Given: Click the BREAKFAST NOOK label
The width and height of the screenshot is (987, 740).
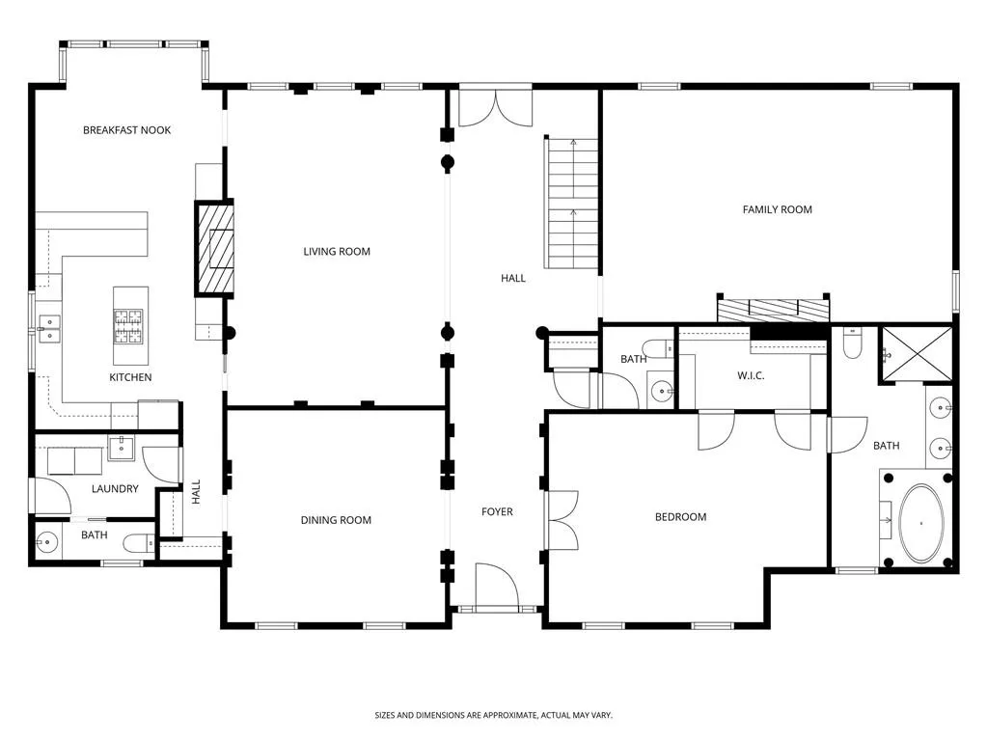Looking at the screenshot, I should click(126, 130).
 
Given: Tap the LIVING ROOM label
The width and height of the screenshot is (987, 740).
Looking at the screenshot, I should click(337, 252).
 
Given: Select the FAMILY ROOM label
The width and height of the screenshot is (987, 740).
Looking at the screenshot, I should click(777, 209).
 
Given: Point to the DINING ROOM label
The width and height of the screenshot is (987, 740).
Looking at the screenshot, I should click(336, 521).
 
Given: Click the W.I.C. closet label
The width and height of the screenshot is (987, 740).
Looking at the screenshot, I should click(751, 376).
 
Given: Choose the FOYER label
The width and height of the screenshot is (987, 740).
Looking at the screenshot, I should click(497, 511).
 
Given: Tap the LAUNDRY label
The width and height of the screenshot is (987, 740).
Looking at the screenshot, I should click(115, 489).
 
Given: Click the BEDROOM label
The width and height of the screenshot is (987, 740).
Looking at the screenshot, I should click(680, 517).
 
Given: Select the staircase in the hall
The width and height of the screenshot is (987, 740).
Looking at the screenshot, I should click(572, 204).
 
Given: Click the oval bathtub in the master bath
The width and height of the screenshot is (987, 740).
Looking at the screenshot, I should click(921, 523).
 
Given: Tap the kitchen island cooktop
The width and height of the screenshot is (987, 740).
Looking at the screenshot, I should click(128, 326).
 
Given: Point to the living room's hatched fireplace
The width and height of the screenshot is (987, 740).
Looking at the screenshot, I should click(214, 249).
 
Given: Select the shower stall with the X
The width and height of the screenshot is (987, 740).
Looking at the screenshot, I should click(915, 354).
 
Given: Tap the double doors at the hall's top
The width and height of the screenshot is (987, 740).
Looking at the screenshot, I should click(495, 108).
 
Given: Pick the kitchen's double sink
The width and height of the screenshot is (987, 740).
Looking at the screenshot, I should click(46, 329).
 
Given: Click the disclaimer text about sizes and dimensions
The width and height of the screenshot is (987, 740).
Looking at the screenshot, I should click(493, 715).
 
